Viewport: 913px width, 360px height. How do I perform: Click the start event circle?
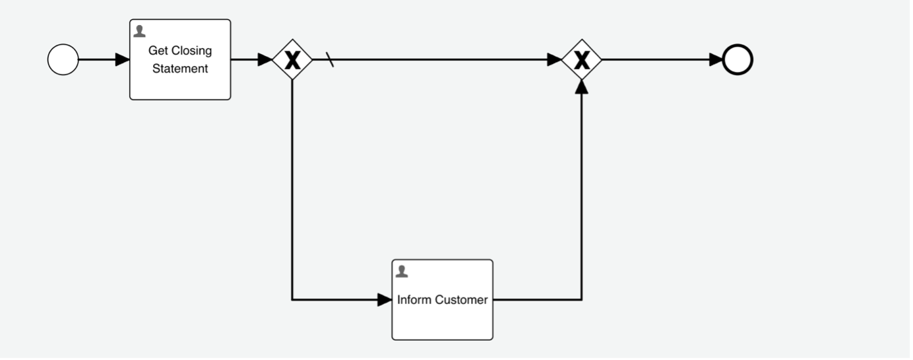click(63, 60)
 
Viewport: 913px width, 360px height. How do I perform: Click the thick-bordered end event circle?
click(738, 60)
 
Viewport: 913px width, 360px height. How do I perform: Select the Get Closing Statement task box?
click(180, 82)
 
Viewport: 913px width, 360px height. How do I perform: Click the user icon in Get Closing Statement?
click(139, 31)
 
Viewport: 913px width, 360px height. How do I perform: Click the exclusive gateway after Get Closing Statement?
click(292, 60)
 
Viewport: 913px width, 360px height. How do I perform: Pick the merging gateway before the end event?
click(581, 60)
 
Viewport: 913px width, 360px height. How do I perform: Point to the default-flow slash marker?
click(330, 60)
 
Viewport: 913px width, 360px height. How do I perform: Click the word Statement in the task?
click(180, 68)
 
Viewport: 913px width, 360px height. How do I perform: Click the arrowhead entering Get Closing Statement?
click(123, 60)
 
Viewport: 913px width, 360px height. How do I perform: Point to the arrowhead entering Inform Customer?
click(385, 300)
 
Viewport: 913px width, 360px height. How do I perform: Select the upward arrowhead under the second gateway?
click(581, 86)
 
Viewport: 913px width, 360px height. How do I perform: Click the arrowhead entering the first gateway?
click(265, 60)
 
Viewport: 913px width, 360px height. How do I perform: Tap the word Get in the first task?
click(158, 51)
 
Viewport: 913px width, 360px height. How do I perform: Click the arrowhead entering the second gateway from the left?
click(554, 60)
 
